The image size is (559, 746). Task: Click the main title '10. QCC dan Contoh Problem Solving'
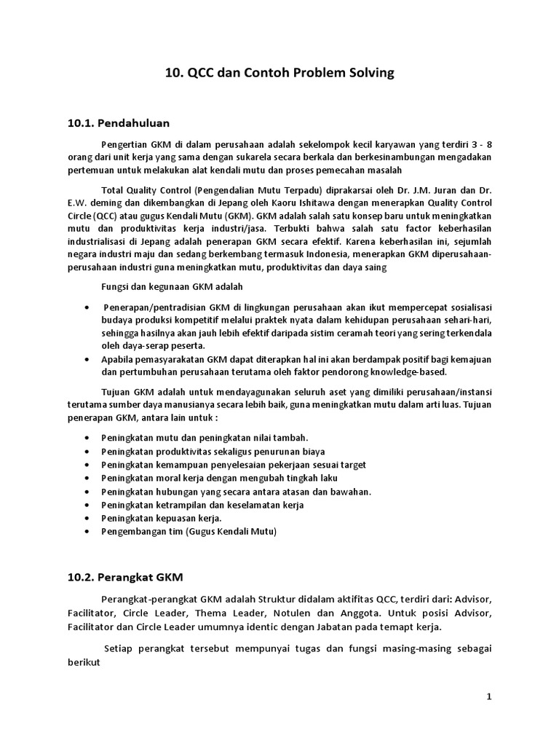(279, 73)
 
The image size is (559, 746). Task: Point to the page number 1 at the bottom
(490, 696)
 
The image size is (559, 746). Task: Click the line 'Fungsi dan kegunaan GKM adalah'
(172, 286)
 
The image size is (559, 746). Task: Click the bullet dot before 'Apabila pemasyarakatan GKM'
(87, 360)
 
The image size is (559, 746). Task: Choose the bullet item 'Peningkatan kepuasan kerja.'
(162, 518)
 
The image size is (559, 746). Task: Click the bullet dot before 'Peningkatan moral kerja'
(87, 478)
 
